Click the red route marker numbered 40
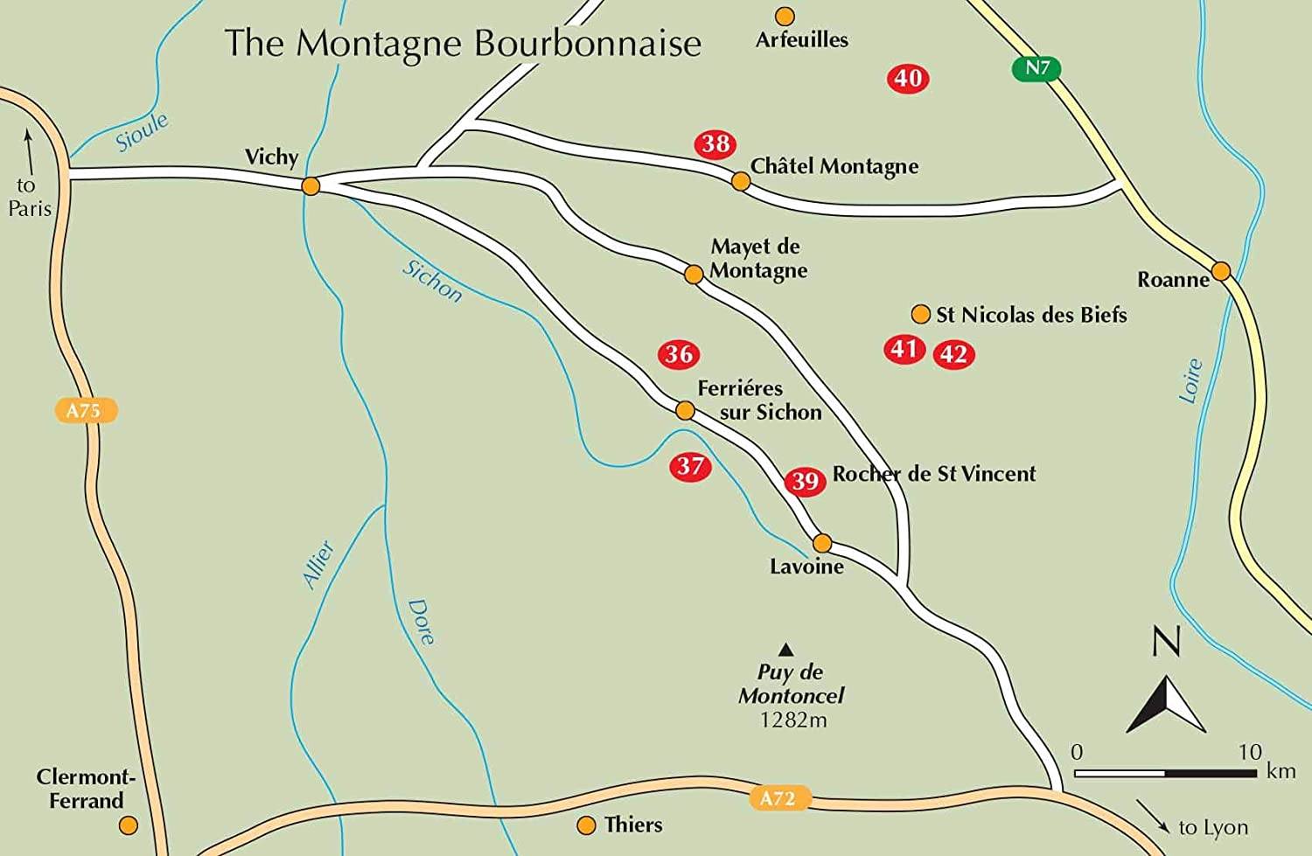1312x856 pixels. [x=908, y=79]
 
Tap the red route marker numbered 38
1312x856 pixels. [x=715, y=144]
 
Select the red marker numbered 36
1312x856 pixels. [x=679, y=354]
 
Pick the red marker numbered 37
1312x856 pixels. [x=690, y=466]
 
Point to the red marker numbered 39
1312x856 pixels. [x=805, y=481]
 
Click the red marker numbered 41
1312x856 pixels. [x=904, y=350]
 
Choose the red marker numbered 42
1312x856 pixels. [x=953, y=355]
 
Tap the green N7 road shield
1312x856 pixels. [x=1036, y=68]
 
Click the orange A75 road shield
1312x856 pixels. [x=84, y=410]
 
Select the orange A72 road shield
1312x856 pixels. [x=778, y=797]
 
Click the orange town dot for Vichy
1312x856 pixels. [x=311, y=186]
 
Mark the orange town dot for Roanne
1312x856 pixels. [x=1221, y=270]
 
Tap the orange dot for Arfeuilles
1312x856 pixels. [x=785, y=16]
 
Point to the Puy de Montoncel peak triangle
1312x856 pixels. [x=785, y=650]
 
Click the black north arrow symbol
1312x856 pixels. [x=1166, y=704]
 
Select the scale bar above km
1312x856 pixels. [x=1165, y=773]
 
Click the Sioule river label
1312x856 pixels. [x=142, y=132]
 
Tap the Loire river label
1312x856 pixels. [x=1190, y=381]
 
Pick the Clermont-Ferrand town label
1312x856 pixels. [x=85, y=789]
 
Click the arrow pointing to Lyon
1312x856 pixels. [x=1154, y=815]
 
